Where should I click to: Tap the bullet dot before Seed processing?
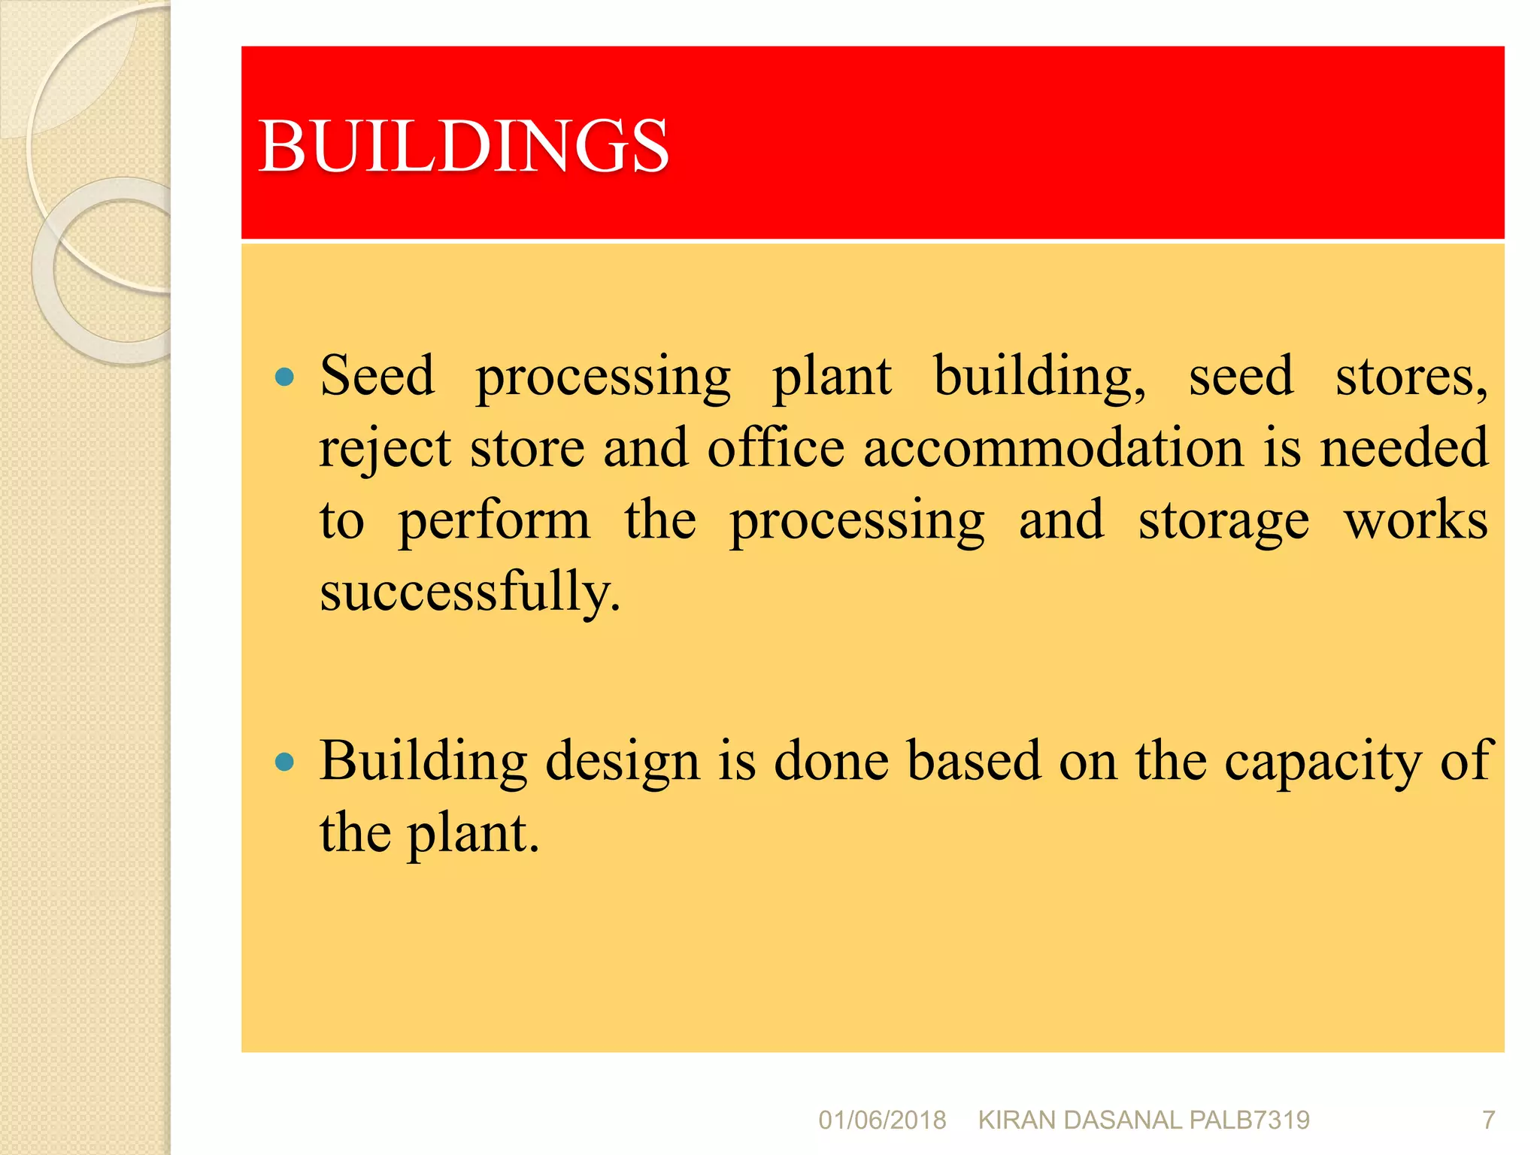[284, 377]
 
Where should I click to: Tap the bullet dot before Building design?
[284, 762]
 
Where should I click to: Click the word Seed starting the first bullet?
[377, 375]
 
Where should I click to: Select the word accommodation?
[1053, 448]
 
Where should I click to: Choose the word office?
[776, 448]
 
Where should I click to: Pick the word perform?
[494, 521]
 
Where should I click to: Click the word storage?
[1223, 521]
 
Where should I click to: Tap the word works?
[1416, 520]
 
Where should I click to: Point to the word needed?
[1404, 448]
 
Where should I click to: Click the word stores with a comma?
[1411, 377]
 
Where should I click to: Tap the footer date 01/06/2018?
[882, 1120]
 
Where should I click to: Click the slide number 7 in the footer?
[1488, 1120]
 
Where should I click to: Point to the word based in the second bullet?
[974, 761]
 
